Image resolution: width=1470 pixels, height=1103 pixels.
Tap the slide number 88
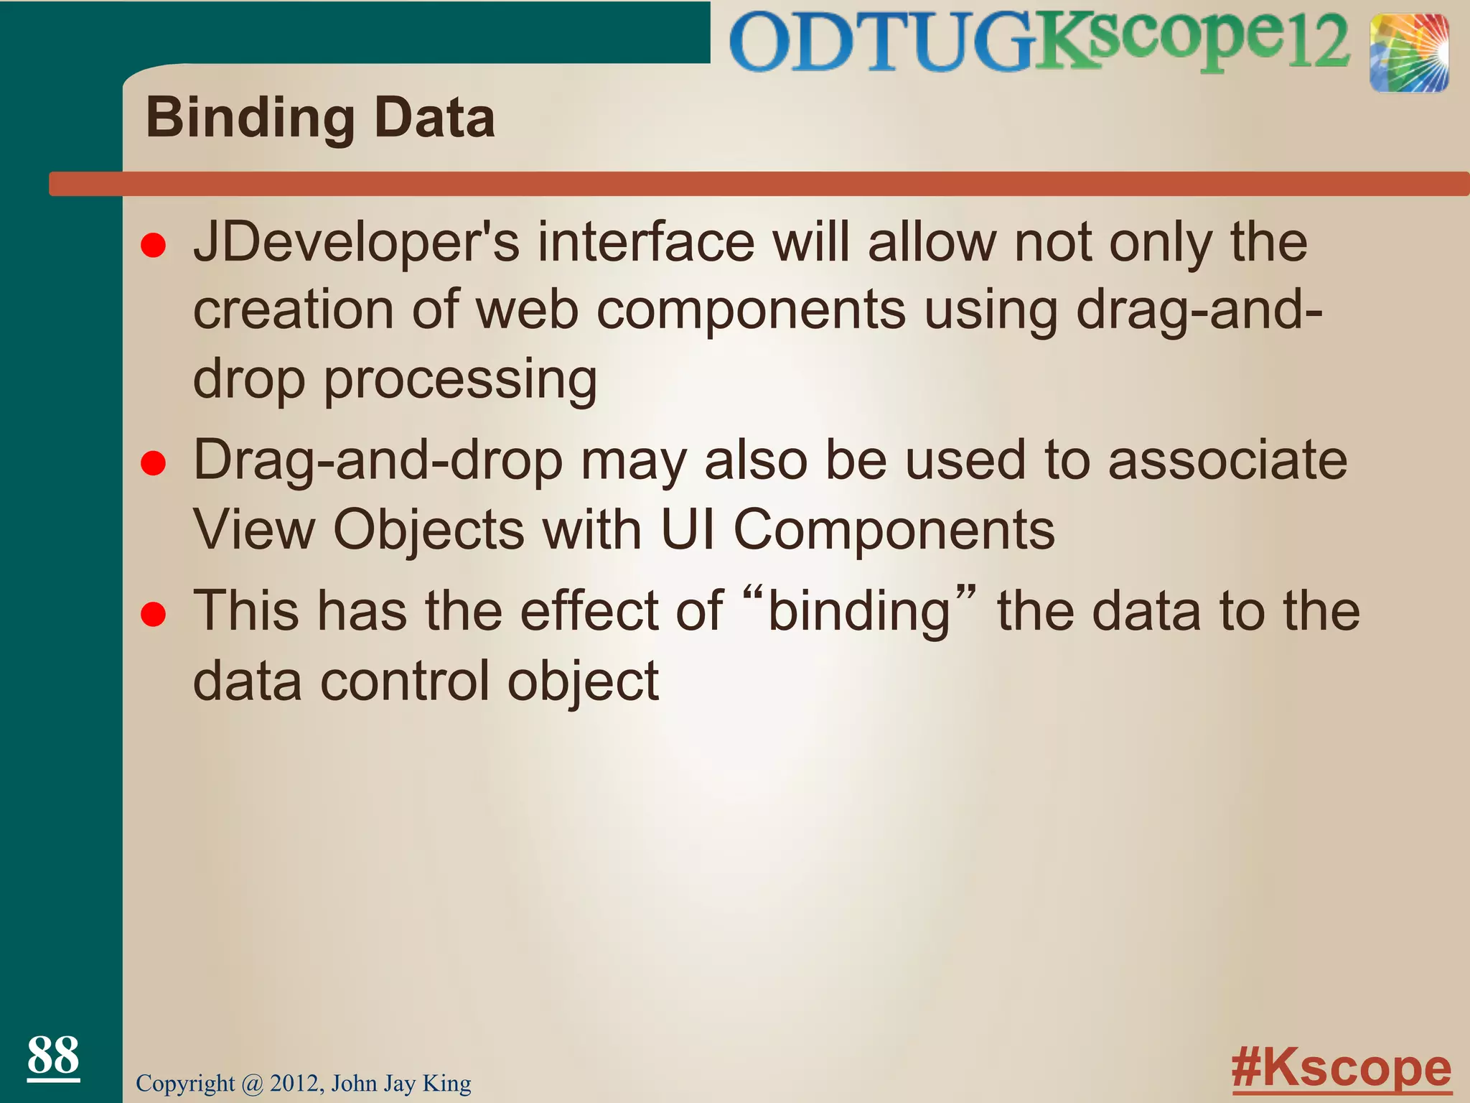click(x=53, y=1056)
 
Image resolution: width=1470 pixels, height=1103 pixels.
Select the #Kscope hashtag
click(x=1341, y=1069)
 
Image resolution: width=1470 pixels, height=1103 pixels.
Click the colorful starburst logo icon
click(x=1408, y=53)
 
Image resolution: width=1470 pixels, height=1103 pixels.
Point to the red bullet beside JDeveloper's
click(x=154, y=246)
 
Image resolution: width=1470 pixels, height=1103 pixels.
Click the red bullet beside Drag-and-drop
click(x=154, y=464)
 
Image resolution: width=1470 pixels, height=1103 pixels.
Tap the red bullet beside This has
click(x=154, y=615)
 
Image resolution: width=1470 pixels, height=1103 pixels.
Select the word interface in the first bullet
click(x=646, y=243)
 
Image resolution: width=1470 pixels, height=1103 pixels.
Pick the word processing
click(x=460, y=381)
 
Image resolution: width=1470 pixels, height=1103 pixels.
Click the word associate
click(x=1227, y=461)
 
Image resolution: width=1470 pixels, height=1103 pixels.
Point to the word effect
click(x=621, y=610)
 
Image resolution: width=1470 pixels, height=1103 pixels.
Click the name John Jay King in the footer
click(x=401, y=1083)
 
